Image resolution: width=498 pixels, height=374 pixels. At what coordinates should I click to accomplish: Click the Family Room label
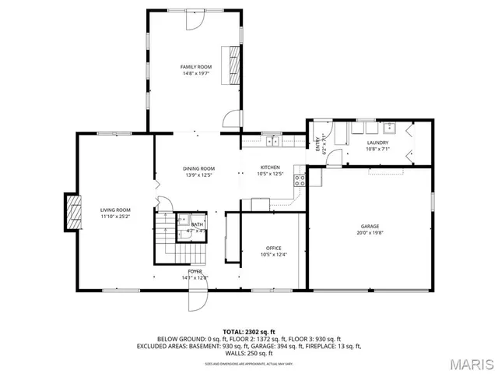[197, 68]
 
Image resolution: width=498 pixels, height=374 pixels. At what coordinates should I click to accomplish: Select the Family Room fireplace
[233, 64]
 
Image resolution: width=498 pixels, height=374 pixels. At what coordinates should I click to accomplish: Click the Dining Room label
[198, 168]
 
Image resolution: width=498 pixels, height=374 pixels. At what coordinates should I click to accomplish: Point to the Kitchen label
[269, 168]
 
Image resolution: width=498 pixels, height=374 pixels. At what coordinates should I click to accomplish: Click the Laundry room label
[377, 143]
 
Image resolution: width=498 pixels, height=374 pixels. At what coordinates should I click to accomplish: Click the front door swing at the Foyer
[198, 301]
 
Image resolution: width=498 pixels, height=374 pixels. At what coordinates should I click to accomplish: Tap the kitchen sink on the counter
[272, 141]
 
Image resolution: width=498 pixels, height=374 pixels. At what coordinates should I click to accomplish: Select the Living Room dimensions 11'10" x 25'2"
[114, 216]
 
